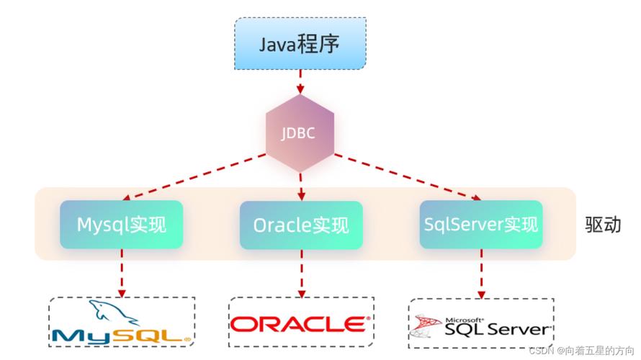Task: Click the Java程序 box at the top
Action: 300,44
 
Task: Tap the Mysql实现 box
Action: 121,225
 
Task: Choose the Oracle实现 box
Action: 300,225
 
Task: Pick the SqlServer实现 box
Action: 480,225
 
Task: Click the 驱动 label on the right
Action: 603,225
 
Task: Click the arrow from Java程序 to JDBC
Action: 300,83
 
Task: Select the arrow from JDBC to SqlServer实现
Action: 407,176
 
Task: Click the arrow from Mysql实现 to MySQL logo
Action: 122,273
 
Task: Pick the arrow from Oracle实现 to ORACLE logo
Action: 301,273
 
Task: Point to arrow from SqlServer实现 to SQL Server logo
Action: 481,273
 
